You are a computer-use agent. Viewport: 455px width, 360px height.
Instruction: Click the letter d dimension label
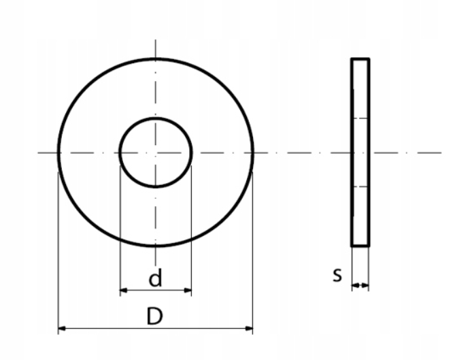(x=155, y=278)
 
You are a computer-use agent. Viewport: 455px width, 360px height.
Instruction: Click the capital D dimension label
(x=154, y=316)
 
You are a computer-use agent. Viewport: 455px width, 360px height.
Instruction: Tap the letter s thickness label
(x=337, y=274)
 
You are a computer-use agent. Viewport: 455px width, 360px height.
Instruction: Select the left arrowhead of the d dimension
(x=124, y=290)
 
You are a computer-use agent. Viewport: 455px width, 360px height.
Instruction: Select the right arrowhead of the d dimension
(x=188, y=290)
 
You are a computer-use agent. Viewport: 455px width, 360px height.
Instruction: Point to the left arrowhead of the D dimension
(x=62, y=329)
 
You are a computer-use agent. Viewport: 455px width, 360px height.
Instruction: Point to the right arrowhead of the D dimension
(x=249, y=329)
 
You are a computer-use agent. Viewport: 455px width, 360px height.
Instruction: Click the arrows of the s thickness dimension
(x=360, y=286)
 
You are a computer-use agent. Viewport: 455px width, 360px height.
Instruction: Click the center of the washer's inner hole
(x=156, y=152)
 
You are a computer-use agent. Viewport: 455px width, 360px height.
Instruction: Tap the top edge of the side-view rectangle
(x=360, y=59)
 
